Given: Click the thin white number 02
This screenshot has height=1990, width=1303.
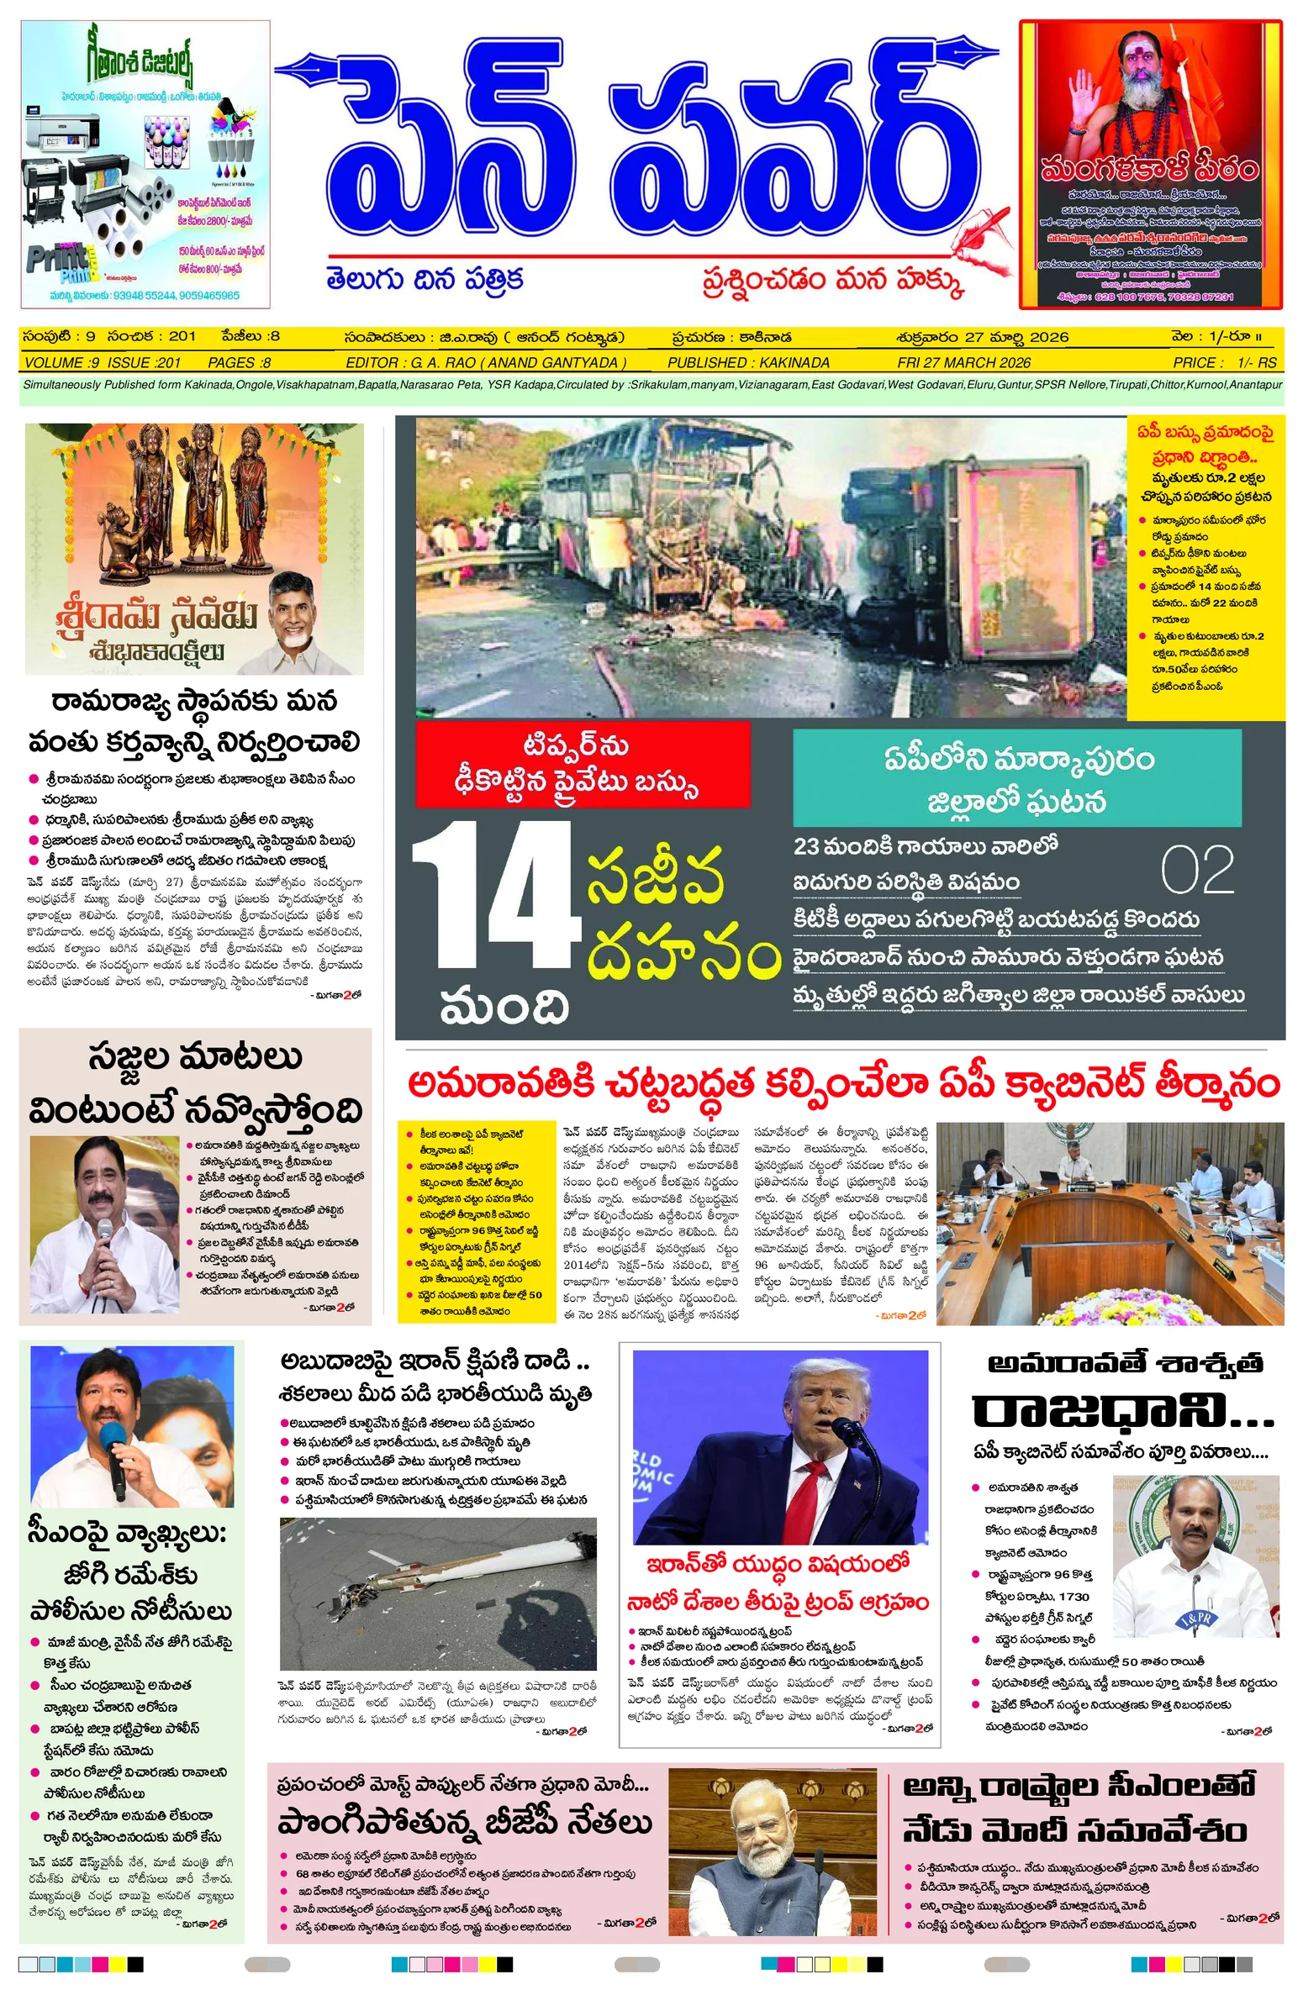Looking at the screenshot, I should point(1197,871).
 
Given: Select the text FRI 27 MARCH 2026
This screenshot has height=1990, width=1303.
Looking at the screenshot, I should point(963,363).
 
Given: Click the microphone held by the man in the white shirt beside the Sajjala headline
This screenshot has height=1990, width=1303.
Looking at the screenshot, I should point(104,1235).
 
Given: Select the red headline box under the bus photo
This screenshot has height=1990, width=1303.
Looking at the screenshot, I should point(583,765).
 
